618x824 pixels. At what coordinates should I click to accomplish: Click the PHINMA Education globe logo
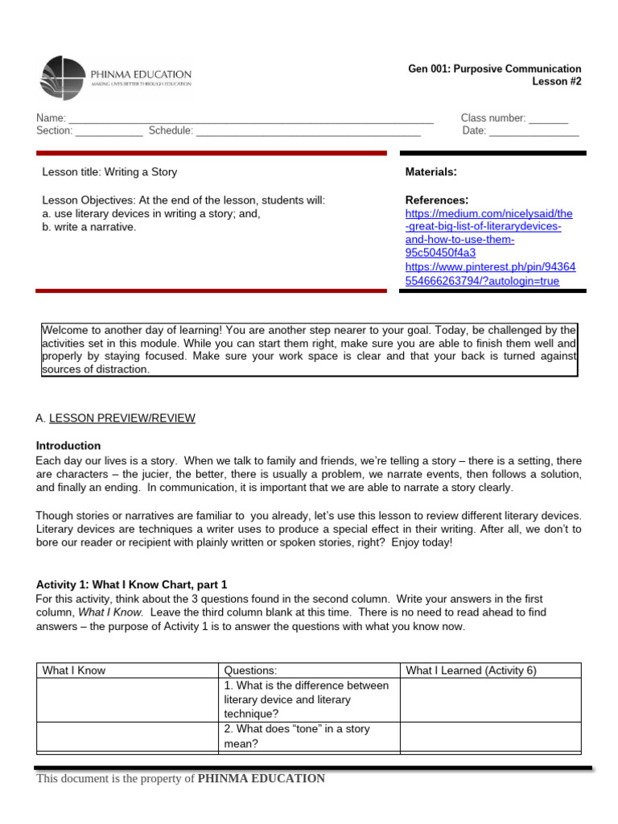[x=60, y=78]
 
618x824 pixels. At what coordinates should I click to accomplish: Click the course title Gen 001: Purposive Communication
[x=494, y=69]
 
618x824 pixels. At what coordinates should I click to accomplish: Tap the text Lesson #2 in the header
[x=556, y=82]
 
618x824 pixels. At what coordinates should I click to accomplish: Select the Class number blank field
[x=548, y=119]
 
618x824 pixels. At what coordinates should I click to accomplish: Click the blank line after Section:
[x=109, y=131]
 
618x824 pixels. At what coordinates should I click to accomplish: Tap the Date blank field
[x=534, y=131]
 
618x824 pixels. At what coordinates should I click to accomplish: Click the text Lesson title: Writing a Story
[x=109, y=172]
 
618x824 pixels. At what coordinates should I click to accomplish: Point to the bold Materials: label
[x=431, y=172]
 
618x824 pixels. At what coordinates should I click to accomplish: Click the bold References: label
[x=436, y=200]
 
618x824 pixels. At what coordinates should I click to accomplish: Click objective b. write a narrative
[x=89, y=228]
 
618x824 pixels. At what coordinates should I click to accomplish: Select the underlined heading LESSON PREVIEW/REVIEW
[x=122, y=418]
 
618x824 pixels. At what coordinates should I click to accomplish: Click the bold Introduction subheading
[x=68, y=446]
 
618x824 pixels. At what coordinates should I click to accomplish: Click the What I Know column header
[x=74, y=670]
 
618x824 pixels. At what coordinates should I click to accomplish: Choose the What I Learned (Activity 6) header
[x=471, y=670]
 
